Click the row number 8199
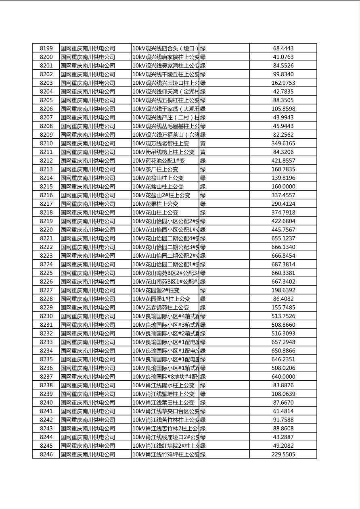pyautogui.click(x=46, y=48)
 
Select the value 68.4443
pyautogui.click(x=283, y=48)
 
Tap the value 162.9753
pyautogui.click(x=283, y=83)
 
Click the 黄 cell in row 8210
pyautogui.click(x=203, y=144)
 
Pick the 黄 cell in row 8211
pyautogui.click(x=203, y=152)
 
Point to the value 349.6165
pyautogui.click(x=283, y=144)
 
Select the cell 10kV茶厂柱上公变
pyautogui.click(x=155, y=169)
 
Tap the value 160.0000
pyautogui.click(x=283, y=187)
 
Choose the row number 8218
pyautogui.click(x=46, y=213)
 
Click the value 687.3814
pyautogui.click(x=283, y=265)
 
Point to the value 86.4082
pyautogui.click(x=283, y=299)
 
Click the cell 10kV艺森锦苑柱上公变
pyautogui.click(x=161, y=308)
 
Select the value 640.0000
pyautogui.click(x=283, y=377)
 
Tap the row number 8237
pyautogui.click(x=46, y=377)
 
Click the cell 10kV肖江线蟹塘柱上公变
pyautogui.click(x=163, y=394)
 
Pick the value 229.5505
pyautogui.click(x=283, y=455)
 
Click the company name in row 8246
pyautogui.click(x=88, y=455)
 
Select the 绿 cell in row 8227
pyautogui.click(x=203, y=290)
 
